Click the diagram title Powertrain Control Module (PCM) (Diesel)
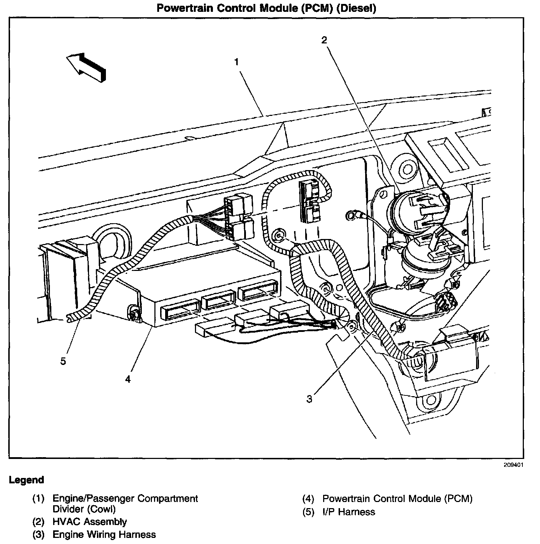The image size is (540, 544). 266,8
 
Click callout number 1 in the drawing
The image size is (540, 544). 237,62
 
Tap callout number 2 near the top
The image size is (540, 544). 324,40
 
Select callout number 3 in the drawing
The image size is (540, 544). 309,399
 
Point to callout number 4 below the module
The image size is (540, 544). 128,379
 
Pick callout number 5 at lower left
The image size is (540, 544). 63,361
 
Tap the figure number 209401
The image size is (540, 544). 513,465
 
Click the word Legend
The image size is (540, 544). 27,480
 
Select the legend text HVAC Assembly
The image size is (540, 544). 89,521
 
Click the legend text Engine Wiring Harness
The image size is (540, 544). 104,534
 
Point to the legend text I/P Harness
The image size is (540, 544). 349,512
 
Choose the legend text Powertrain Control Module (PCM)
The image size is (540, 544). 397,498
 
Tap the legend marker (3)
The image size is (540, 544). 38,534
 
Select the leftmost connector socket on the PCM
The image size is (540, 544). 180,308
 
